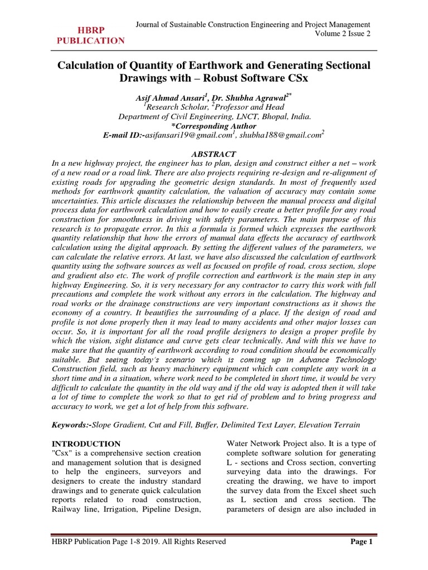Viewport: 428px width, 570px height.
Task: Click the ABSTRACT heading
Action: pyautogui.click(x=214, y=154)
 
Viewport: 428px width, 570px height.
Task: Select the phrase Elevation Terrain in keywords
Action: pyautogui.click(x=328, y=425)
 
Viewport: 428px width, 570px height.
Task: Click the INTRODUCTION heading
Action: pyautogui.click(x=86, y=444)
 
